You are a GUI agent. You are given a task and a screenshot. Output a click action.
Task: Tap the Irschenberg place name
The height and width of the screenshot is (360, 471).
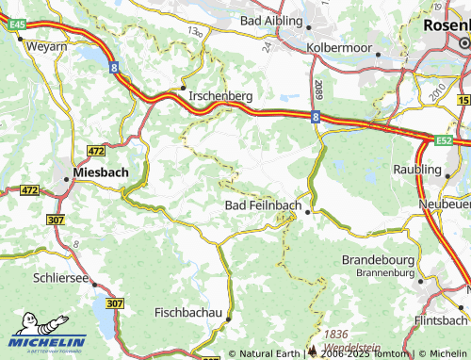pyautogui.click(x=220, y=96)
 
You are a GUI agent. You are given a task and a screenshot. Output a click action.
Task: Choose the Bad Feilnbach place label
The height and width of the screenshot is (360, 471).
pyautogui.click(x=262, y=206)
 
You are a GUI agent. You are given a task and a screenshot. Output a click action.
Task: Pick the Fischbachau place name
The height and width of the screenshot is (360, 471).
pyautogui.click(x=188, y=311)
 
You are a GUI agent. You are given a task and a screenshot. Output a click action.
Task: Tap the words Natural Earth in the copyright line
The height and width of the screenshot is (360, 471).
pyautogui.click(x=270, y=353)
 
